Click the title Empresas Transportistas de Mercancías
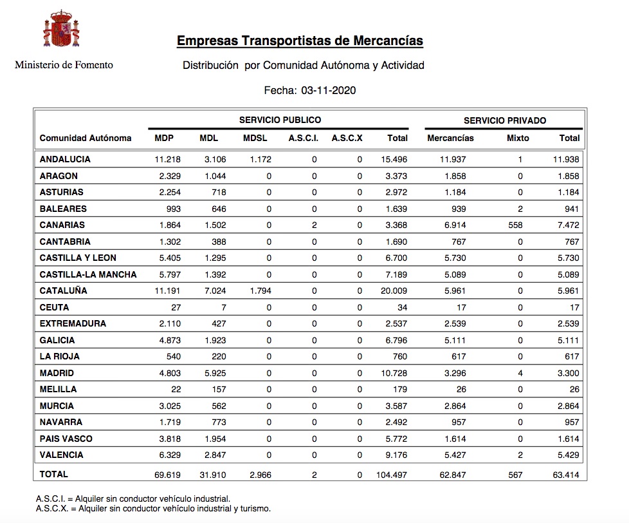[x=300, y=41]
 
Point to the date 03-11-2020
[x=328, y=90]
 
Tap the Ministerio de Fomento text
[x=64, y=64]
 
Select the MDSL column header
[x=255, y=138]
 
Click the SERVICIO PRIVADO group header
[x=505, y=120]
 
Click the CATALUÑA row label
[x=63, y=290]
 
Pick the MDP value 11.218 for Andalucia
[x=167, y=159]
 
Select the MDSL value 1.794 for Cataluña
[x=259, y=290]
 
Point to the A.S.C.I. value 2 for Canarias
[x=314, y=225]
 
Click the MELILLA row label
[x=58, y=389]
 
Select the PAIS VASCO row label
[x=66, y=439]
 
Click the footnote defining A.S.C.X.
[x=154, y=508]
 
